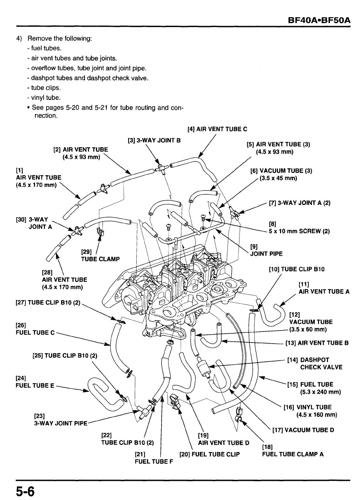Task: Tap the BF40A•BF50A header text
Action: click(319, 20)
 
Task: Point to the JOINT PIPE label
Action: click(266, 254)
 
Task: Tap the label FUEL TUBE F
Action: click(154, 461)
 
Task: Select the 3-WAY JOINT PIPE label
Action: click(61, 423)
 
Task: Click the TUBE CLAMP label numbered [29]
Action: click(100, 259)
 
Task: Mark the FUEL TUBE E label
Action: click(35, 385)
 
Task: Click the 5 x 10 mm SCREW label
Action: click(299, 231)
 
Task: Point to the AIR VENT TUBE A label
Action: click(324, 291)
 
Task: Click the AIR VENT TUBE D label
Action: click(224, 443)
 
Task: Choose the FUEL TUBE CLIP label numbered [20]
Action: click(216, 454)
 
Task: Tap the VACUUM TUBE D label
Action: click(309, 430)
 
